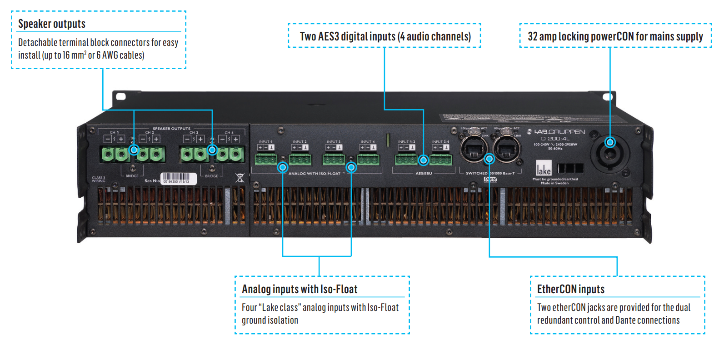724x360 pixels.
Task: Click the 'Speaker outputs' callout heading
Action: (x=52, y=24)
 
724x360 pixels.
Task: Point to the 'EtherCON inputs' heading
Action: (x=571, y=289)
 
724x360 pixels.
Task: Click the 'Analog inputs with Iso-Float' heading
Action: (x=300, y=289)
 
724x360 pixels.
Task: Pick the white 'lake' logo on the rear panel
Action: (x=544, y=168)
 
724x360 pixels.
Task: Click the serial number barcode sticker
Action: (x=179, y=178)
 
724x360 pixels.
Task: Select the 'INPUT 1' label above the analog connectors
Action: (x=265, y=142)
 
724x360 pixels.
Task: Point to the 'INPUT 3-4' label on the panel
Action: (x=440, y=142)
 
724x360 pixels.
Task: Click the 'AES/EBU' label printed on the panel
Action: (x=424, y=174)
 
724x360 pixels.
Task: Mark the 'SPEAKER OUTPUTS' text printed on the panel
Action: (x=171, y=129)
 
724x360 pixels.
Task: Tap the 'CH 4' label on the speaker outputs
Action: (x=229, y=133)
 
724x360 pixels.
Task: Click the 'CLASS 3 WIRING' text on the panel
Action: (x=98, y=180)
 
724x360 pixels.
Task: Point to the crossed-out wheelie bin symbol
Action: (x=240, y=178)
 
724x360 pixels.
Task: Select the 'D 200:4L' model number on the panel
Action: (x=555, y=139)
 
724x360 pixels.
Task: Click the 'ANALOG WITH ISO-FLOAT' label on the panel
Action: (x=315, y=174)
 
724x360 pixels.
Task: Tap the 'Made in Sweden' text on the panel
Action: (x=554, y=183)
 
